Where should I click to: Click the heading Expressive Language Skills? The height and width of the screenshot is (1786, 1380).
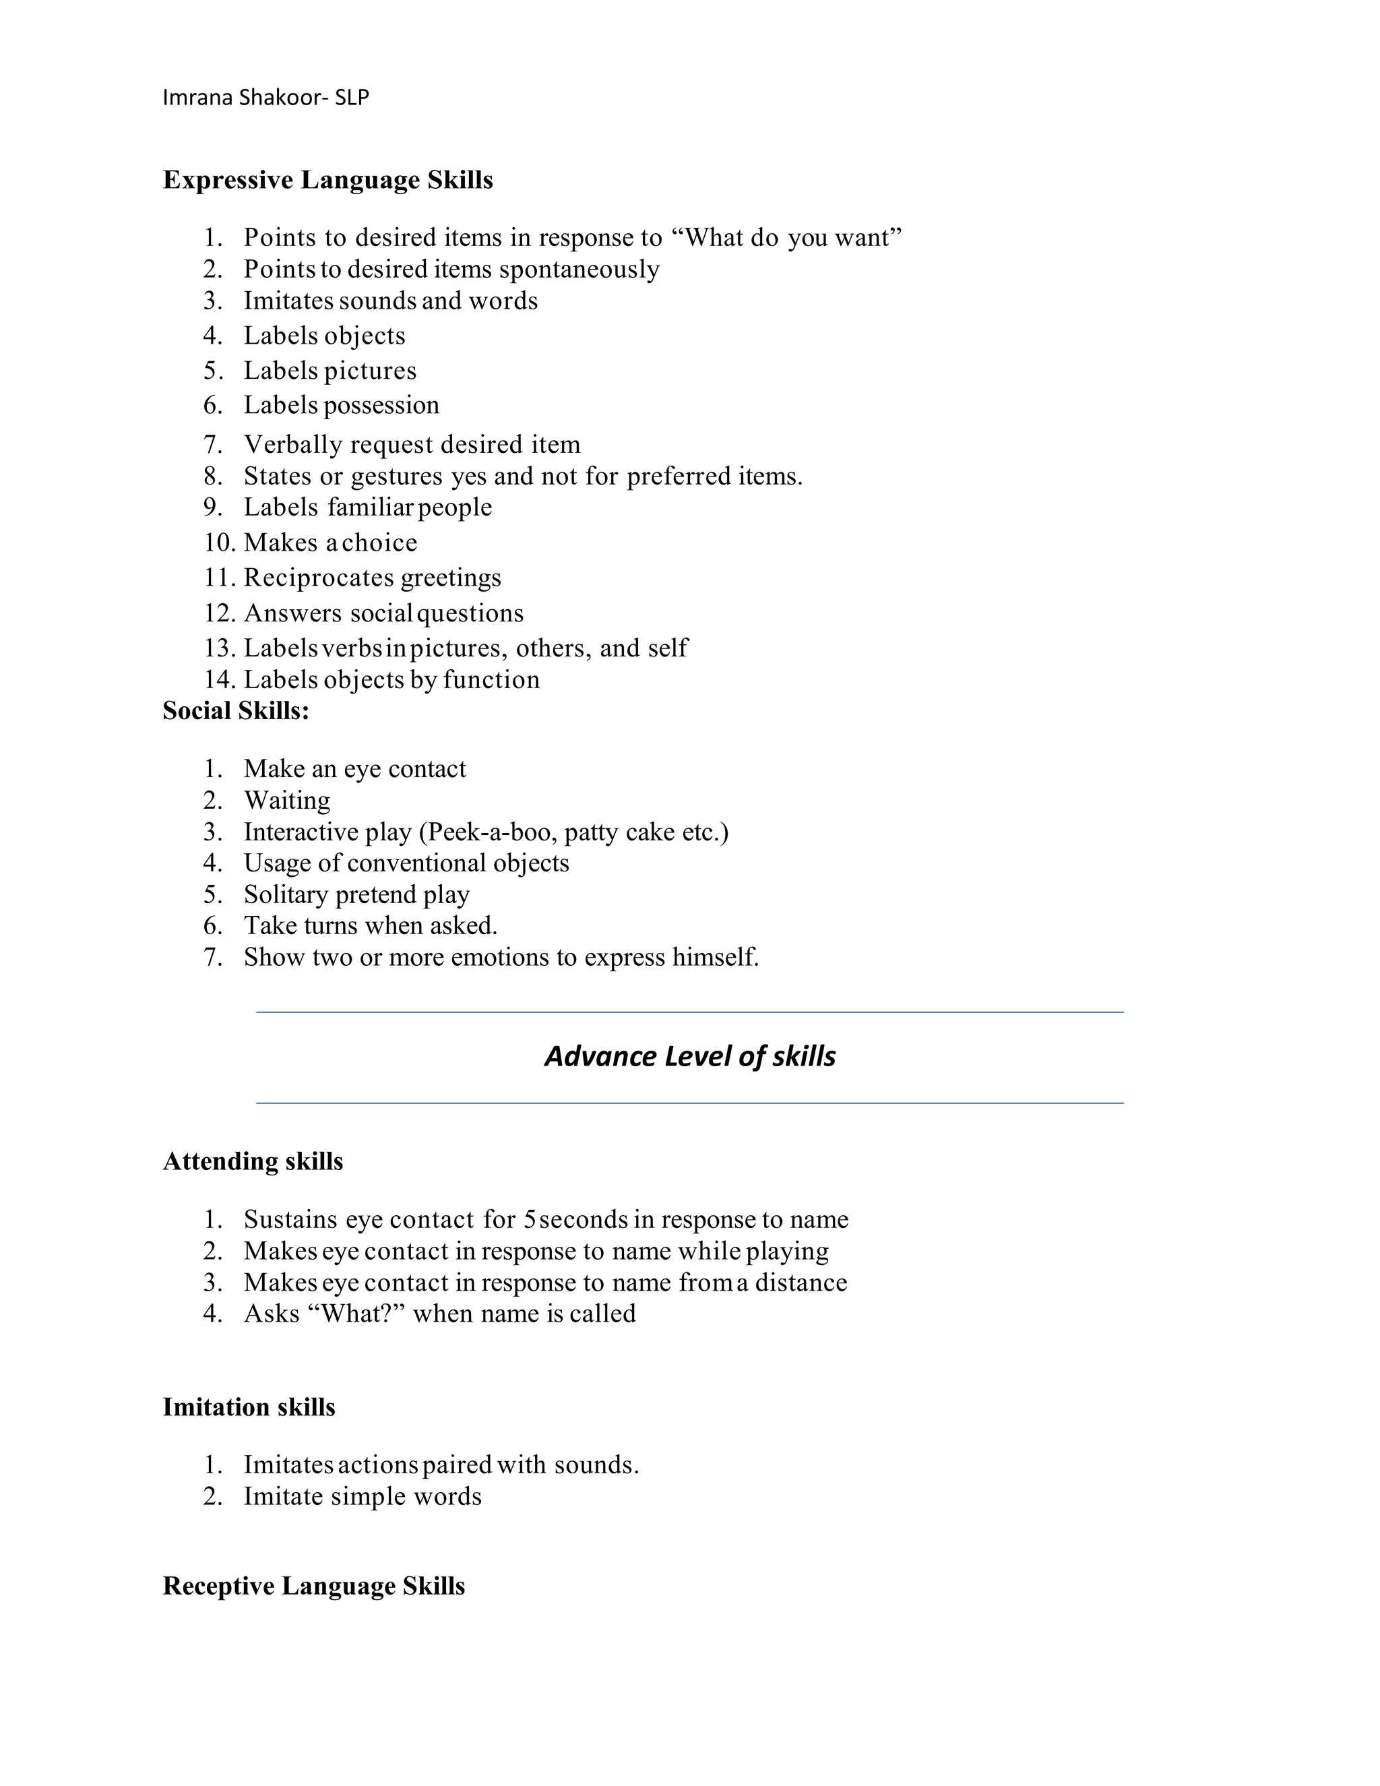pos(328,180)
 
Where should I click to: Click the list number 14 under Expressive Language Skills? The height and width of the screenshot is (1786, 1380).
pos(218,679)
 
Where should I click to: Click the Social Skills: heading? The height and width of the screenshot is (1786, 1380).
pos(235,710)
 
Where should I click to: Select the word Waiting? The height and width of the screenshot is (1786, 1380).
pos(287,800)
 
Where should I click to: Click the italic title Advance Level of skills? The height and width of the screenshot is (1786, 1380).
pos(690,1057)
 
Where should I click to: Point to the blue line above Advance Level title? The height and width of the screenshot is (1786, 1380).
pos(690,1012)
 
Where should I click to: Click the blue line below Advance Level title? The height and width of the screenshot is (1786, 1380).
pos(690,1103)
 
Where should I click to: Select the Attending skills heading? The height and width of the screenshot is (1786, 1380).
pos(253,1161)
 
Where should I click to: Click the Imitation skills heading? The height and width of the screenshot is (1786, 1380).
pos(249,1407)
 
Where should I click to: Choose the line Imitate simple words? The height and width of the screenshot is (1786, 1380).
pos(362,1496)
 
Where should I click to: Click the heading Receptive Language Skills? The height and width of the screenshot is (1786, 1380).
pos(313,1586)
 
